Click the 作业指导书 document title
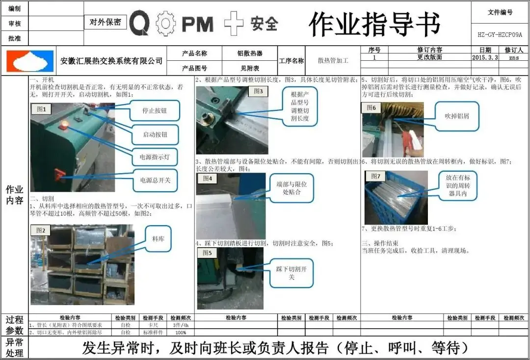point(374,24)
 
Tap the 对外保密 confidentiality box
point(106,22)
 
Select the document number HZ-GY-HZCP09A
point(500,35)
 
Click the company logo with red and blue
point(29,61)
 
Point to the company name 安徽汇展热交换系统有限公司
point(111,61)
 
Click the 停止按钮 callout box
point(155,110)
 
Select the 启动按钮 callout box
point(155,134)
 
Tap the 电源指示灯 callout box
point(155,157)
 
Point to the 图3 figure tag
point(258,91)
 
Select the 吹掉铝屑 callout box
point(457,116)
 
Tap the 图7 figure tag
point(375,176)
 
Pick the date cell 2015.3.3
point(485,57)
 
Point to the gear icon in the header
point(165,24)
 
